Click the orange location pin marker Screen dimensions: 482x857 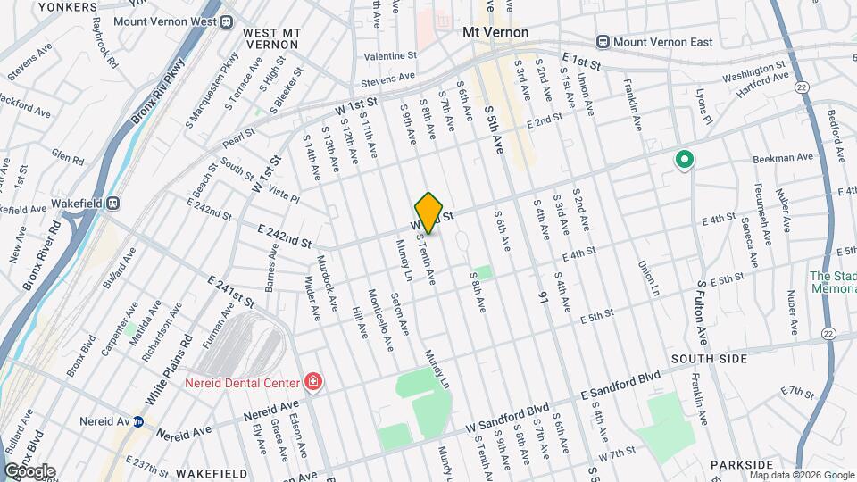(429, 212)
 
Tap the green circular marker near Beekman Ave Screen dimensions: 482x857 (685, 160)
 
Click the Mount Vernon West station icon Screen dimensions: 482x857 (227, 21)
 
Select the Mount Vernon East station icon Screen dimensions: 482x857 (603, 41)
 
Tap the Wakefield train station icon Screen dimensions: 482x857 (113, 203)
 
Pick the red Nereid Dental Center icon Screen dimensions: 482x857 (313, 382)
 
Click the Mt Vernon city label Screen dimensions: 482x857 (495, 32)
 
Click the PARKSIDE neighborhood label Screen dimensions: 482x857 (742, 465)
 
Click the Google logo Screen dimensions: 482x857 (29, 471)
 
